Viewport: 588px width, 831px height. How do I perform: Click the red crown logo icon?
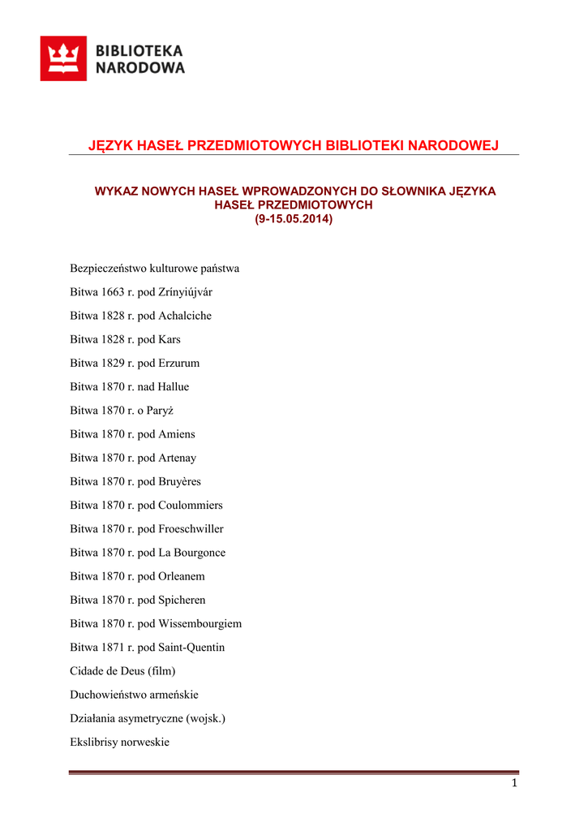[63, 58]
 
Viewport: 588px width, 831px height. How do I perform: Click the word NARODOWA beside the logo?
[140, 68]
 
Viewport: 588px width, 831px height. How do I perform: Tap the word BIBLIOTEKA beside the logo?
[139, 50]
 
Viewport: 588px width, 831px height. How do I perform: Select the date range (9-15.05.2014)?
[294, 219]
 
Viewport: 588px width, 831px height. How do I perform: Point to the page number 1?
[514, 783]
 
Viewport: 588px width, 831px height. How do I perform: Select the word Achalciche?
[185, 316]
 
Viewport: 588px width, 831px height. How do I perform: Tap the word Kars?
[170, 339]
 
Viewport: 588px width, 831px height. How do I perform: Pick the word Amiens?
[177, 434]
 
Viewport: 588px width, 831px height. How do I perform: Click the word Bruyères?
[179, 481]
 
